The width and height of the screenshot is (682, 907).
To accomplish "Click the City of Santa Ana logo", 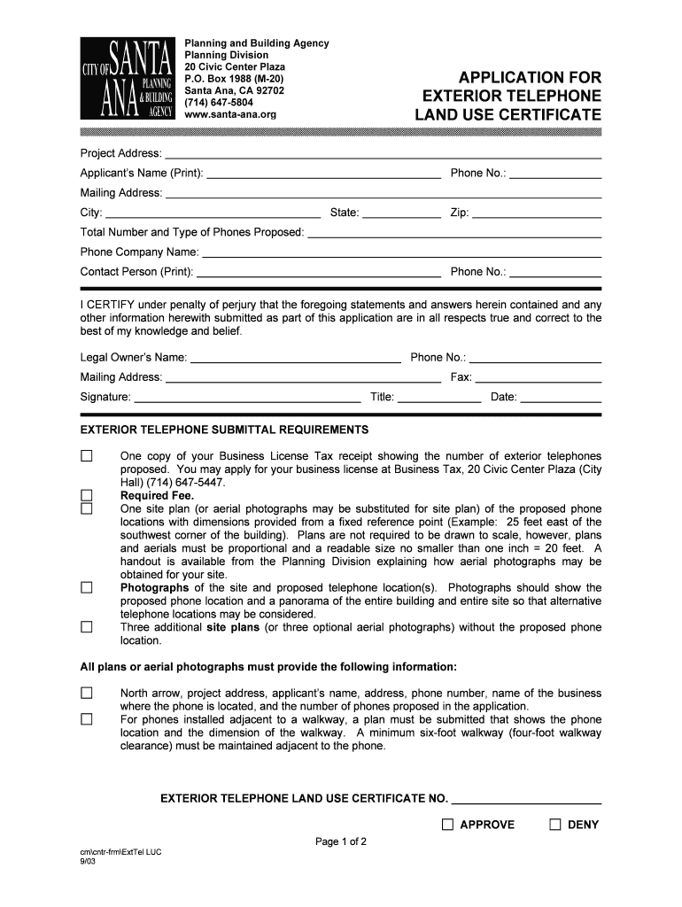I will (127, 79).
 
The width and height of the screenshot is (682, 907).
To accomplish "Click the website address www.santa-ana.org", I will (230, 114).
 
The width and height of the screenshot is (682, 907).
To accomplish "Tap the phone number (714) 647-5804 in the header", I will (218, 103).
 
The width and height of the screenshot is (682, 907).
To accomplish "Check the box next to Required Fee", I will (87, 495).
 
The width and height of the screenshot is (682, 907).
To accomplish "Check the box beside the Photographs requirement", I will (87, 587).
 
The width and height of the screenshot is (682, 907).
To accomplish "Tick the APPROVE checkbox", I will (448, 825).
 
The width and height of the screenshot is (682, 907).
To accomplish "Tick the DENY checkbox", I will (555, 825).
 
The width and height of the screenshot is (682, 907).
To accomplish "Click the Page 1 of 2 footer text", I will (341, 841).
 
